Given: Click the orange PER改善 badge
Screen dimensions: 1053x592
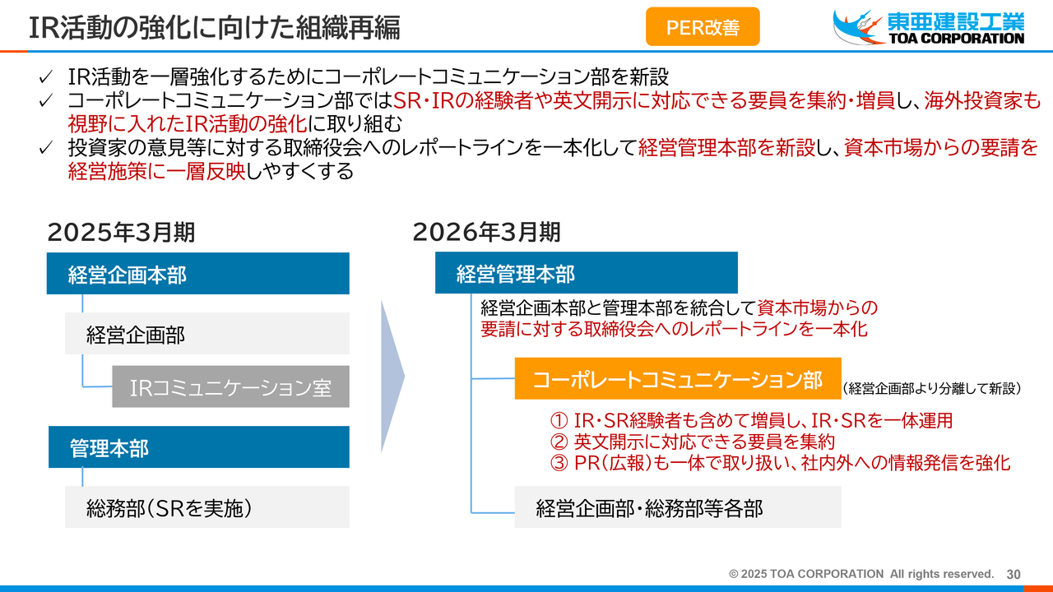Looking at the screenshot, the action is click(703, 27).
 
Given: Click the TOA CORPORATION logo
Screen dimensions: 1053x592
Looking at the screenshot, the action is click(929, 27).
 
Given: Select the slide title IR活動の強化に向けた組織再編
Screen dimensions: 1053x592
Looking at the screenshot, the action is click(215, 27).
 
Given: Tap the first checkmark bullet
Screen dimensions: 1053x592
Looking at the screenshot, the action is click(45, 77).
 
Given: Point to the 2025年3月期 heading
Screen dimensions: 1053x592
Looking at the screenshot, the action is click(121, 232).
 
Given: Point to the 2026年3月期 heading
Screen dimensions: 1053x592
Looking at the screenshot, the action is click(486, 232).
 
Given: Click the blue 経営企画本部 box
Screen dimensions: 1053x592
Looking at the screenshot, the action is click(198, 274).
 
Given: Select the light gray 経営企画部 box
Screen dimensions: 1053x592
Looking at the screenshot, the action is click(207, 334).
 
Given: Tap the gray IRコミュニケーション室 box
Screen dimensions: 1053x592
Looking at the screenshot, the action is click(231, 386).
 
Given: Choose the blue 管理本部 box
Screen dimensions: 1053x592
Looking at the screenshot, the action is click(199, 446).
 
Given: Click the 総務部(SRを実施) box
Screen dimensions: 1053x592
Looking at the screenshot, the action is click(207, 507).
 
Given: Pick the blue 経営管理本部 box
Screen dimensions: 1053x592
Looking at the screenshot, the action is click(587, 273).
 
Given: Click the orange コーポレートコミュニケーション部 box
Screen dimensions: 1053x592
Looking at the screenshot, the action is click(678, 379).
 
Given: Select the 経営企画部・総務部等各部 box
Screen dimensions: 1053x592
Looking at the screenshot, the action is click(678, 507).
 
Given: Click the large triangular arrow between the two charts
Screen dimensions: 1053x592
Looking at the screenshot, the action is click(392, 377).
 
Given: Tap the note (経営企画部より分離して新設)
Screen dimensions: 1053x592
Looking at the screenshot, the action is click(932, 389).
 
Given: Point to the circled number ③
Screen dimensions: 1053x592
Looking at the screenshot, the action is click(559, 463).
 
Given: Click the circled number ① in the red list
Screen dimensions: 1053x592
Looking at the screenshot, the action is click(559, 420).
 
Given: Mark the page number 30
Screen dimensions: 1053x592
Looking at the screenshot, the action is click(1013, 574).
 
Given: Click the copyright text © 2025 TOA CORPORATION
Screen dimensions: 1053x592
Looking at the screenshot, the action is click(805, 574).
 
